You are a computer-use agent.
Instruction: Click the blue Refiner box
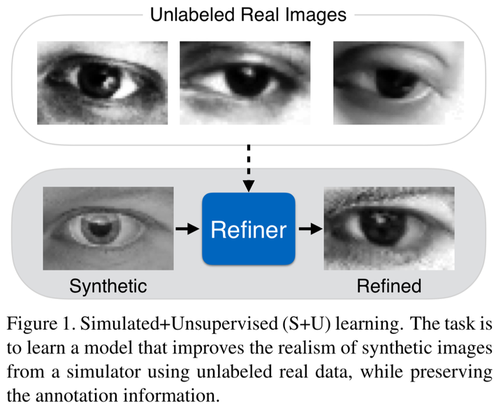pos(249,229)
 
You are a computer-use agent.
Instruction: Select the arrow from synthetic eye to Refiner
pos(187,229)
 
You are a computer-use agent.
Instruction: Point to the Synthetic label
pos(108,286)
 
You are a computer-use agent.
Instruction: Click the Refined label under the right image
pos(389,286)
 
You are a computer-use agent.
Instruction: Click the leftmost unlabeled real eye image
pos(102,82)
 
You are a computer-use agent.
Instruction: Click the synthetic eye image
pos(108,228)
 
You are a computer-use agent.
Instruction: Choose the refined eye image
pos(389,228)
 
